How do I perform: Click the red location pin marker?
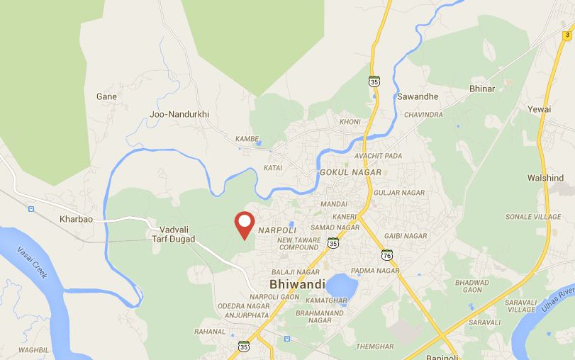point(245,225)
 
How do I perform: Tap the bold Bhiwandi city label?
point(297,284)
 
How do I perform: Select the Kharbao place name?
point(77,220)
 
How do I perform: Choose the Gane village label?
point(106,96)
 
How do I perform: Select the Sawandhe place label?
point(418,96)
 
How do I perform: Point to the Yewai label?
point(539,109)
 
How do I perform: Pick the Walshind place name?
point(545,178)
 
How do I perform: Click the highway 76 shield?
point(386,254)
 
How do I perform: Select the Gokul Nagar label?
point(350,172)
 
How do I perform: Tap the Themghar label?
point(375,346)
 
